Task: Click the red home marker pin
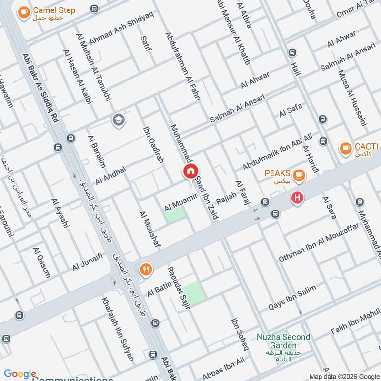point(190,171)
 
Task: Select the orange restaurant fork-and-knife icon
point(146,270)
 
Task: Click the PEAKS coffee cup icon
point(299,176)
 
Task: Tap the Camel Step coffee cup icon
point(23,13)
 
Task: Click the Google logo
point(20,374)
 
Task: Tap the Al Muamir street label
point(181,202)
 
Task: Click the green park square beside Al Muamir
point(175,214)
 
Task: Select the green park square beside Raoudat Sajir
point(194,292)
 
